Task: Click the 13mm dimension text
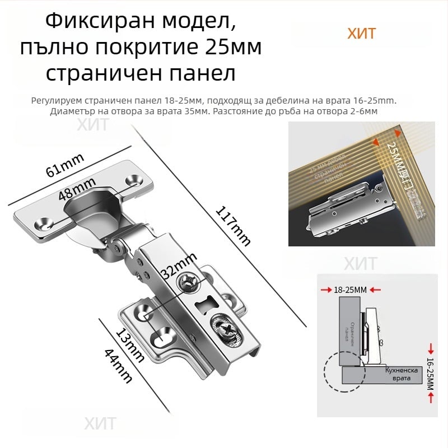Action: coord(129,343)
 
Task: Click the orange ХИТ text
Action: coord(361,34)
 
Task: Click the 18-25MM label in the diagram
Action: coord(350,290)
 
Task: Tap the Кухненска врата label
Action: coord(399,375)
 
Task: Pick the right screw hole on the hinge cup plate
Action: coord(135,180)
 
